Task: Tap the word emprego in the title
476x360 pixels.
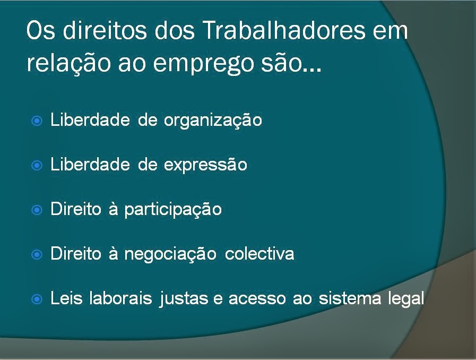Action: coord(203,64)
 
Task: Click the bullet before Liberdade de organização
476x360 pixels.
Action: coord(37,121)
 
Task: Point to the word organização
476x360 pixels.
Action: coord(213,121)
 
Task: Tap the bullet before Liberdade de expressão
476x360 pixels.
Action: coord(37,166)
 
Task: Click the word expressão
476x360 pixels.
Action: coord(205,165)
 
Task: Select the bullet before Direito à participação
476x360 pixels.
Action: coord(37,210)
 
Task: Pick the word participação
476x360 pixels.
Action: coord(173,210)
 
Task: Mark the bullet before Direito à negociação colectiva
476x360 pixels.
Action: coord(37,254)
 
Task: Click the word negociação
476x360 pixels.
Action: coord(170,254)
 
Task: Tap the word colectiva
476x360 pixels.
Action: coord(259,254)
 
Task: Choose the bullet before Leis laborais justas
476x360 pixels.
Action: coord(37,299)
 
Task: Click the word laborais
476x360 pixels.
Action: coord(120,298)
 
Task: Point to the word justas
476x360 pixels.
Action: coord(184,299)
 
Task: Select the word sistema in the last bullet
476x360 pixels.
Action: coord(350,298)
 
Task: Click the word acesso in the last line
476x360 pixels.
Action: coord(257,299)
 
